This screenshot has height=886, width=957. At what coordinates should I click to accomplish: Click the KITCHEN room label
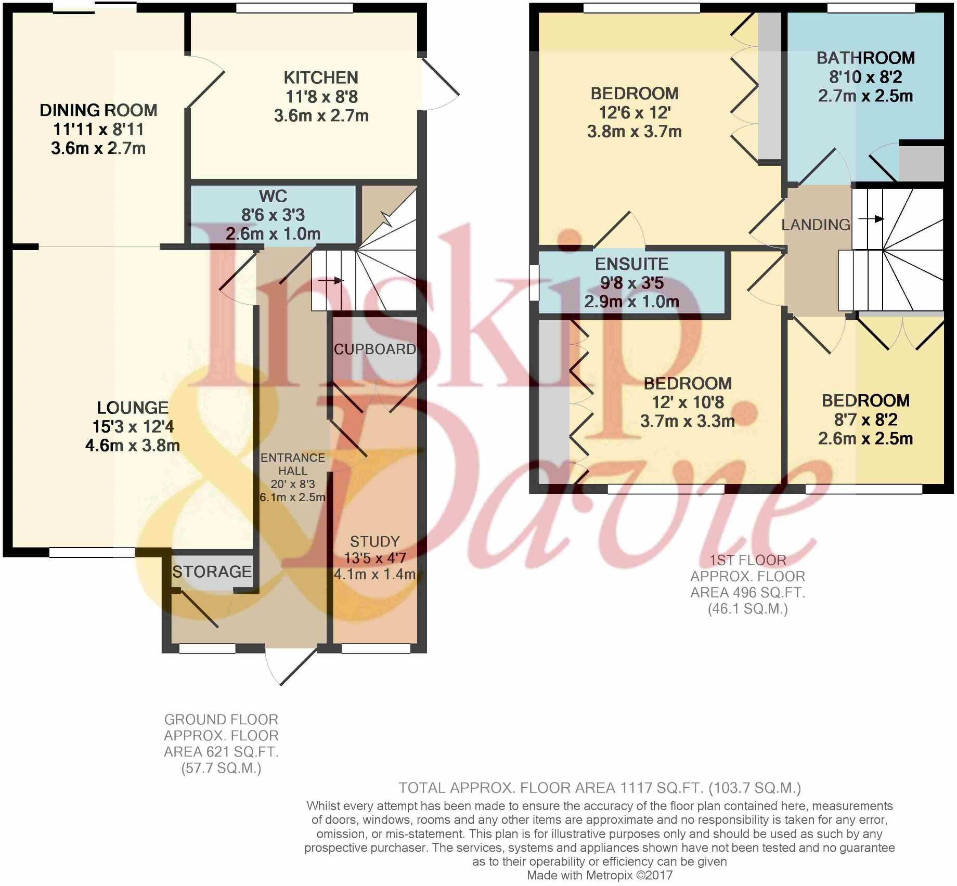click(321, 78)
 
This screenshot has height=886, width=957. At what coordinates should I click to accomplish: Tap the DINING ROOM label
click(98, 110)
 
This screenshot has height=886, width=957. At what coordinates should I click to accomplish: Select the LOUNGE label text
click(133, 408)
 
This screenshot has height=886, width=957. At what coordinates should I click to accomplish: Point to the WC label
click(273, 196)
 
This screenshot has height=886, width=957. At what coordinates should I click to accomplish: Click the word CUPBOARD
click(375, 349)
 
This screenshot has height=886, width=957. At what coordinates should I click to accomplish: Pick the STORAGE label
click(212, 572)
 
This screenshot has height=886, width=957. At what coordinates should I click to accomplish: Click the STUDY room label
click(374, 541)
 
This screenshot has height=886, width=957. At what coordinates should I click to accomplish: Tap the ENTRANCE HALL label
click(293, 464)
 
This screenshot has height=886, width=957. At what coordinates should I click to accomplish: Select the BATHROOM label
click(865, 58)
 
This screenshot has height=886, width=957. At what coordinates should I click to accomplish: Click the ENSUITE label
click(631, 264)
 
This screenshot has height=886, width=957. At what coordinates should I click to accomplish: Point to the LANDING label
click(816, 225)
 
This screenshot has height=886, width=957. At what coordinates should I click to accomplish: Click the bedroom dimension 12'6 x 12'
click(635, 112)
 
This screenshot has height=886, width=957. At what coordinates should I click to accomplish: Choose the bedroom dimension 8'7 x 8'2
click(865, 420)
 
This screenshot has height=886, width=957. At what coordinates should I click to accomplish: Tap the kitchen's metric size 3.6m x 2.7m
click(321, 115)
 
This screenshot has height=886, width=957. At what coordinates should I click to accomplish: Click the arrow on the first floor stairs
click(871, 219)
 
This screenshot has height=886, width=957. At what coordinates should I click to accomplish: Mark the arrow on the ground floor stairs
click(331, 281)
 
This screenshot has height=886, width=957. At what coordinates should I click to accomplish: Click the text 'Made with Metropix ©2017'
click(600, 875)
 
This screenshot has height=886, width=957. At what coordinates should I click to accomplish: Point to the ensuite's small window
click(534, 283)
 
